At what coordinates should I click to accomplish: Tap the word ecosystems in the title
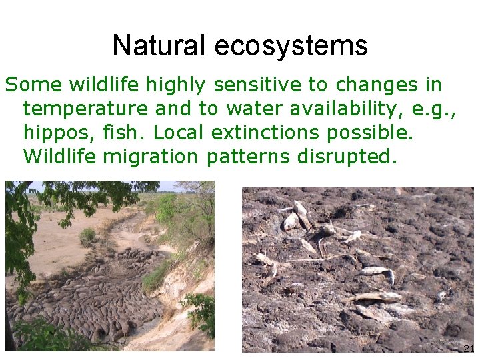pos(291,45)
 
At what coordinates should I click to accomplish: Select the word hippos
pos(56,133)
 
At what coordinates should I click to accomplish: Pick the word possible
pos(370,133)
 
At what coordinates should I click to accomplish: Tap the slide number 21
pos(468,349)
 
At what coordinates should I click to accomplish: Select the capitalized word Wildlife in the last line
pos(58,157)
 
